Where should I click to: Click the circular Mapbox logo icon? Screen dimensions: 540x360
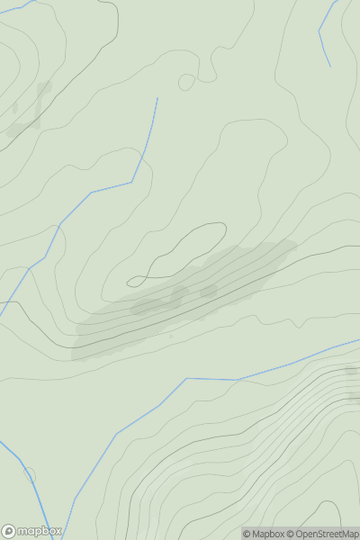pyautogui.click(x=9, y=531)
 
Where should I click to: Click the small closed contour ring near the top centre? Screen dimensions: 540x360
pyautogui.click(x=186, y=83)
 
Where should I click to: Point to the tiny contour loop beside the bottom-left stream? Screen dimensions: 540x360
pyautogui.click(x=29, y=474)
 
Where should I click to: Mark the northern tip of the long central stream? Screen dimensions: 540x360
pyautogui.click(x=157, y=99)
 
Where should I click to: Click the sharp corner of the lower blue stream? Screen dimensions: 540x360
pyautogui.click(x=186, y=379)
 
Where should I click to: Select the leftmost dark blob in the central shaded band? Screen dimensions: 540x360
pyautogui.click(x=144, y=307)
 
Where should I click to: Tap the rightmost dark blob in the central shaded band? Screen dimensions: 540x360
pyautogui.click(x=209, y=291)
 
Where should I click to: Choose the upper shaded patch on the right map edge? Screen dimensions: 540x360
pyautogui.click(x=352, y=370)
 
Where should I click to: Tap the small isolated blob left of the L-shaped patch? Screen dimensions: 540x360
pyautogui.click(x=14, y=107)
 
